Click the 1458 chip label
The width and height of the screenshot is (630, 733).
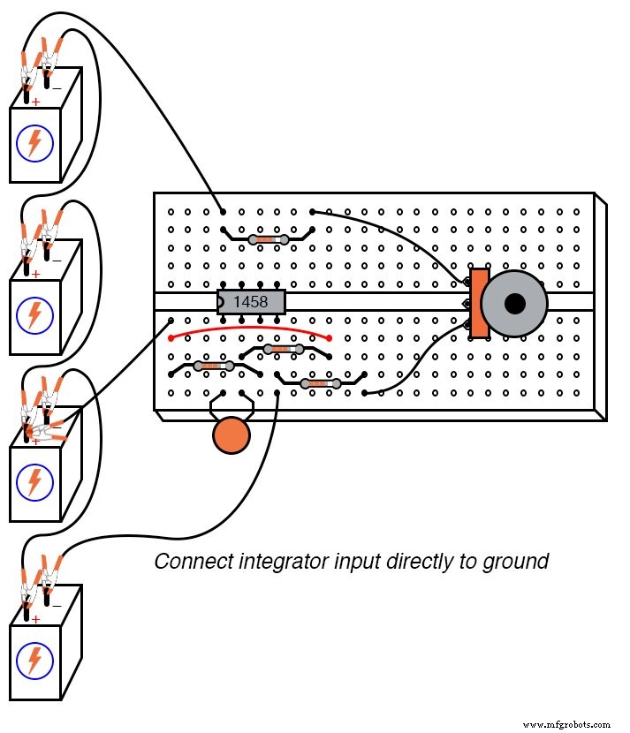pos(251,302)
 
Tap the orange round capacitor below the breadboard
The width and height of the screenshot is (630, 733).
pos(232,436)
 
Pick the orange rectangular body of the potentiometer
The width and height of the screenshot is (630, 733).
pos(479,303)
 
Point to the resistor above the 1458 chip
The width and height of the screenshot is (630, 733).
pos(269,239)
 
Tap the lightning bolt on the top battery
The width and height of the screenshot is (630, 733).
pos(34,144)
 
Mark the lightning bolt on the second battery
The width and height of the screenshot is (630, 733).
pos(34,314)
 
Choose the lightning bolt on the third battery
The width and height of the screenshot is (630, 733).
pos(34,481)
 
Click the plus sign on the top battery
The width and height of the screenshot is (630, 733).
pos(35,102)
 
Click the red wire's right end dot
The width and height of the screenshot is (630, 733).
pos(330,337)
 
